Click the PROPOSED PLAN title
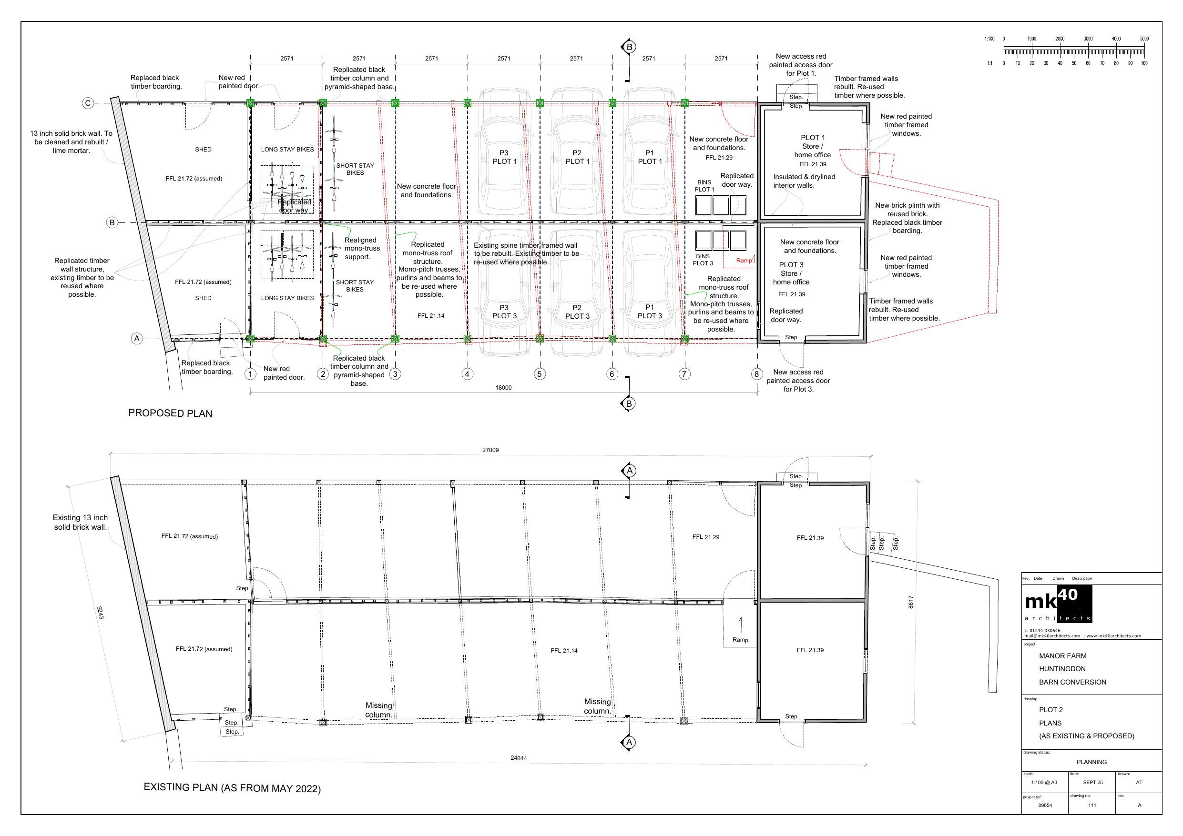tap(170, 413)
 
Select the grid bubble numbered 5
tap(540, 374)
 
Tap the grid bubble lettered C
tap(88, 103)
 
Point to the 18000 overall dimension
tap(503, 387)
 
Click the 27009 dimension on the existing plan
tap(490, 450)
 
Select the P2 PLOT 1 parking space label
tap(577, 157)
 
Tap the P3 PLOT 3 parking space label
tap(504, 312)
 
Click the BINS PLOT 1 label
tap(704, 186)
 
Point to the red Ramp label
tap(744, 261)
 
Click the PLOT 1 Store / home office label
tap(813, 146)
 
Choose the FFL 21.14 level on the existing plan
tap(564, 651)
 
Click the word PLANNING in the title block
tap(1092, 762)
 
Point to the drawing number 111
tap(1092, 805)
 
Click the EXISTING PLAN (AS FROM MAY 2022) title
tap(232, 788)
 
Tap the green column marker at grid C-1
tap(250, 103)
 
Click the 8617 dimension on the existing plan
tap(911, 603)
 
